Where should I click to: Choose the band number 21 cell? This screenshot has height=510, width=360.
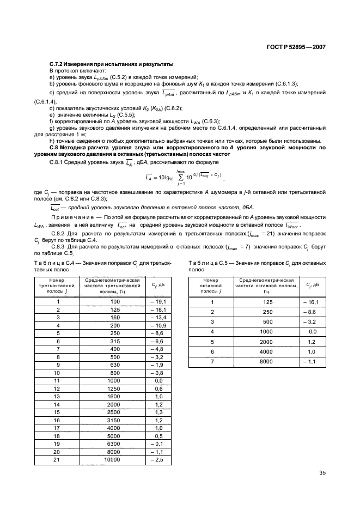point(57,460)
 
